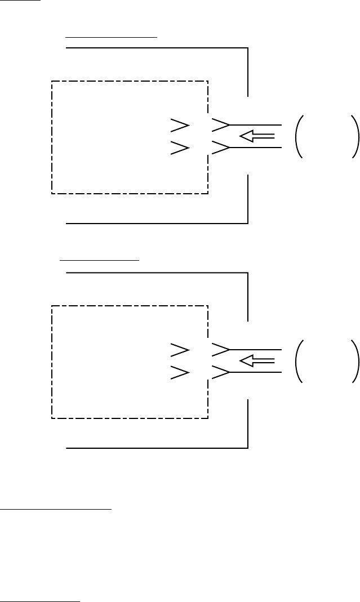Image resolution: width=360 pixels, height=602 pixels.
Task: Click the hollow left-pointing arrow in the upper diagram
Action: pos(256,136)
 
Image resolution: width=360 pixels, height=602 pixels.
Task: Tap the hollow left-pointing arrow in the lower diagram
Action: pos(256,360)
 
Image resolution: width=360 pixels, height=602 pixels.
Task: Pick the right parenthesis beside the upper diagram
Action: pos(354,136)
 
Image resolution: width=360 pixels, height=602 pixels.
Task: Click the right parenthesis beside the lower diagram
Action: pos(354,361)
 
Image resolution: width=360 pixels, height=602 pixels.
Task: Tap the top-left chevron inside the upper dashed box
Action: pos(180,124)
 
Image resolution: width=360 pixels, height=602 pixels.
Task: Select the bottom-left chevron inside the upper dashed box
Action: pos(180,148)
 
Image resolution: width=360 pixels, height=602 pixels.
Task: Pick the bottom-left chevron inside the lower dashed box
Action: pos(180,372)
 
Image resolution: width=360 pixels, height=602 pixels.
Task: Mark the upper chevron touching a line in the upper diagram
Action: pos(220,124)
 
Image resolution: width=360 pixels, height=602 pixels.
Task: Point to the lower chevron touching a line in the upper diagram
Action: pos(220,148)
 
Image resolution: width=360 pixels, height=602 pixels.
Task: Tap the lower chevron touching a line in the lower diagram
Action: pos(220,372)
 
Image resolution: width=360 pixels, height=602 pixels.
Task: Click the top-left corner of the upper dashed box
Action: pos(52,82)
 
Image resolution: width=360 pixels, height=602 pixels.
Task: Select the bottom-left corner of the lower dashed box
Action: pos(52,418)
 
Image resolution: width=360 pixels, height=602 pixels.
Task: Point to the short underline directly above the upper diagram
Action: pos(111,35)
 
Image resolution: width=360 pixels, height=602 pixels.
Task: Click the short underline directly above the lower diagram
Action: pos(100,260)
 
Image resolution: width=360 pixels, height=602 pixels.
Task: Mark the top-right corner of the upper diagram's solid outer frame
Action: pos(248,48)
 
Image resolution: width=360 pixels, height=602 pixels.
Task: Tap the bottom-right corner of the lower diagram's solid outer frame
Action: pos(248,448)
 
